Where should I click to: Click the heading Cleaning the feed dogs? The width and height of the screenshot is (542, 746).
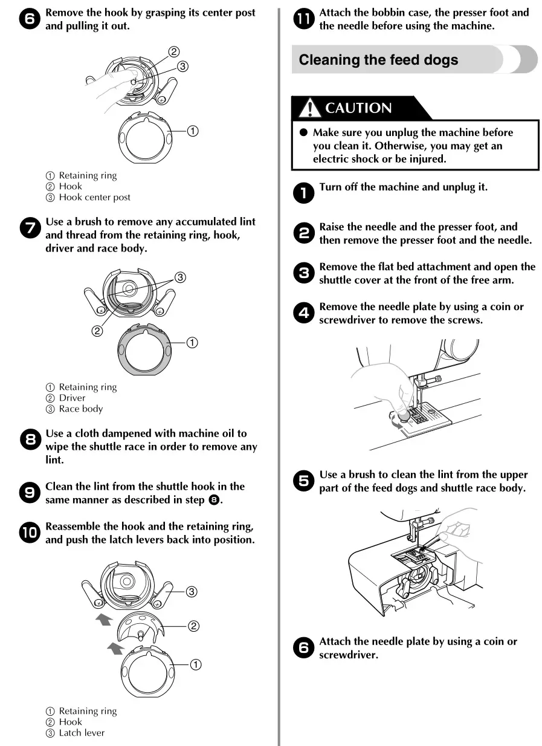(378, 60)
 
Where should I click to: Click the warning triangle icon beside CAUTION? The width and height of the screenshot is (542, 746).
(310, 108)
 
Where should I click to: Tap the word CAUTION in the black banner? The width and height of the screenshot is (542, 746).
(358, 108)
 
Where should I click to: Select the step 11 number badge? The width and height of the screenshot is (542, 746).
(304, 19)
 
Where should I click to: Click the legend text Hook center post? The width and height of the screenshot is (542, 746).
(94, 197)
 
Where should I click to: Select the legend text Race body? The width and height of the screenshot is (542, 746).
(81, 409)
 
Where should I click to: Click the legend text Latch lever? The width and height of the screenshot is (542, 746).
(82, 733)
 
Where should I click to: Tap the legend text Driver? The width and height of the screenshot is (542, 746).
(72, 398)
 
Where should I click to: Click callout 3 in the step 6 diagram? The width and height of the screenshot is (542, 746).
(182, 66)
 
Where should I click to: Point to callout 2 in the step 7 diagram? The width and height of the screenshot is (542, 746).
(97, 331)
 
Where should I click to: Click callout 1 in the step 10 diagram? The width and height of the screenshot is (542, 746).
(196, 664)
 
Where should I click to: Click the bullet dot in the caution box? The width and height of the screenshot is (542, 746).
(304, 132)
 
